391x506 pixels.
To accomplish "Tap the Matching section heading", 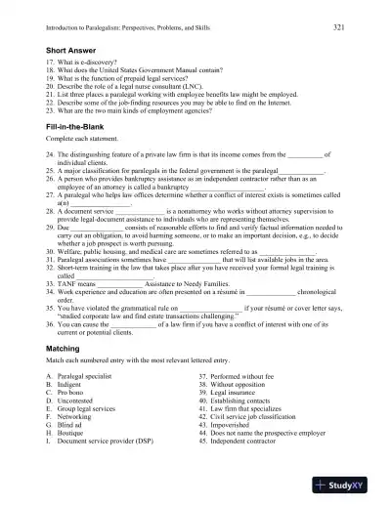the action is (x=68, y=347).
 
